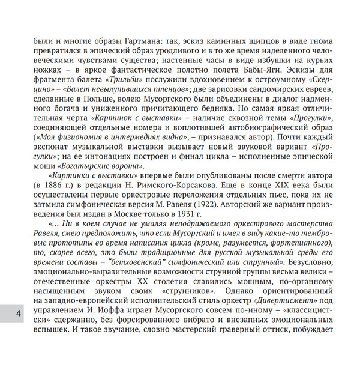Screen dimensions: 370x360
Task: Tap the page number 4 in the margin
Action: click(19, 314)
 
